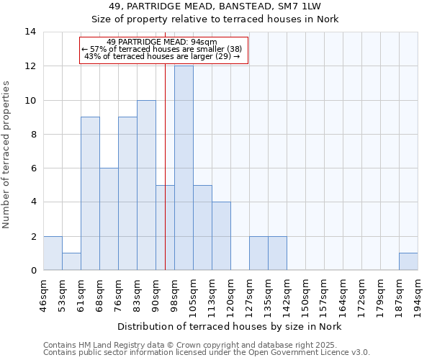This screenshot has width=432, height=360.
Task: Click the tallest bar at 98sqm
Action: pos(184,168)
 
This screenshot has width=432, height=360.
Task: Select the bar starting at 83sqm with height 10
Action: pos(146,185)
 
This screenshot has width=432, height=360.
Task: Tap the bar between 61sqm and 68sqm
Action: pos(90,194)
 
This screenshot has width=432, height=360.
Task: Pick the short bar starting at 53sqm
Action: pos(71,262)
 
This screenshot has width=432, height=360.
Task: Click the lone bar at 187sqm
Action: pos(408,262)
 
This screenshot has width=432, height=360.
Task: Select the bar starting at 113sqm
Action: pos(221,236)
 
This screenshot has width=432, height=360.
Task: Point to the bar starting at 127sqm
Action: pos(258,253)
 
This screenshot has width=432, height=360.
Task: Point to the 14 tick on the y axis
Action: pos(30,32)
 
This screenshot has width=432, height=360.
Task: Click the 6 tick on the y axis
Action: pos(33,168)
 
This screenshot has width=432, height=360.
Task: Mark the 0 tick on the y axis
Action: pos(33,271)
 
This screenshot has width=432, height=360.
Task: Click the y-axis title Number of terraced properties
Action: pos(6,155)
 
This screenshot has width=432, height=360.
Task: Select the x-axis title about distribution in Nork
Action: pos(230,326)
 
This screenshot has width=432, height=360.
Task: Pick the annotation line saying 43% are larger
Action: pos(161,56)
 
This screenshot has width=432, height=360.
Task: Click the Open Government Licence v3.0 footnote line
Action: pos(207,353)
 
